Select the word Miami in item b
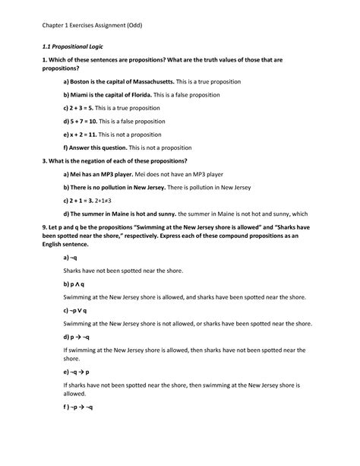point(83,95)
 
